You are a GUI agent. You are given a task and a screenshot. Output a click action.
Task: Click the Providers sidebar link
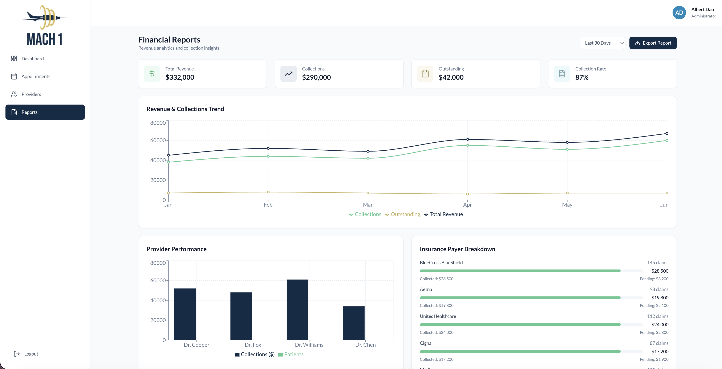pyautogui.click(x=31, y=94)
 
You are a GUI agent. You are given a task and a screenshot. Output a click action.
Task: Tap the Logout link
pyautogui.click(x=31, y=354)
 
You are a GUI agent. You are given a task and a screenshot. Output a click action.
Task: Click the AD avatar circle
pyautogui.click(x=679, y=13)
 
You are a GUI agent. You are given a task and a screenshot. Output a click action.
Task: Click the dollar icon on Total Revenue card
pyautogui.click(x=152, y=74)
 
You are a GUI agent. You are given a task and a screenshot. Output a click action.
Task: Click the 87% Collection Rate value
pyautogui.click(x=582, y=77)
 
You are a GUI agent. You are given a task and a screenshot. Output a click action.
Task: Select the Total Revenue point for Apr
pyautogui.click(x=467, y=139)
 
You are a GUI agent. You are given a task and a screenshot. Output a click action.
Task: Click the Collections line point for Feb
pyautogui.click(x=268, y=156)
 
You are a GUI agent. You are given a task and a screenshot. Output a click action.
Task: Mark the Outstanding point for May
pyautogui.click(x=567, y=193)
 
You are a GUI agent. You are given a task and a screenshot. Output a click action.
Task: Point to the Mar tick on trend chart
pyautogui.click(x=368, y=204)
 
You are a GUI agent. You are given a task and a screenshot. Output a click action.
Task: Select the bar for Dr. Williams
pyautogui.click(x=297, y=310)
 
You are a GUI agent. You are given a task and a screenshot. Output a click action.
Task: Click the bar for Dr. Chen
pyautogui.click(x=353, y=323)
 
